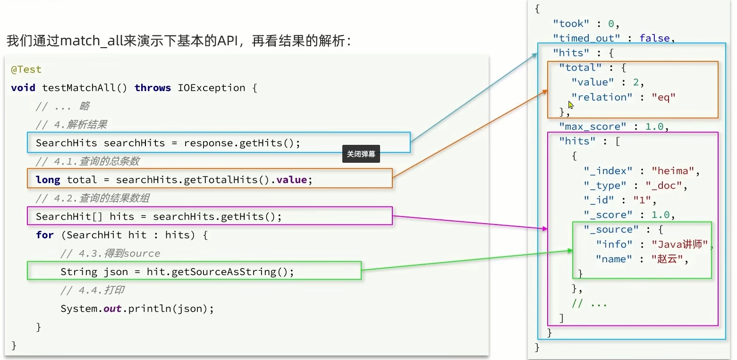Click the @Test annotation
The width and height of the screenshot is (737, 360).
[x=26, y=69]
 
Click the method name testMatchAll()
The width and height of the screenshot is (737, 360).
[x=85, y=88]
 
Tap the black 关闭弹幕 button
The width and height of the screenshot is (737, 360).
[x=361, y=154]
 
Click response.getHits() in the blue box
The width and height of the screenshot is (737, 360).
[x=242, y=143]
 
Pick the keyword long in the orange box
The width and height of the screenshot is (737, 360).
[x=48, y=180]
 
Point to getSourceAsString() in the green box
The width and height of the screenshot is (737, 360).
[x=232, y=272]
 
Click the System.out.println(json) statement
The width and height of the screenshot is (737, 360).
[x=137, y=309]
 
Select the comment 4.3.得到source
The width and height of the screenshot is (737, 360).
[x=110, y=253]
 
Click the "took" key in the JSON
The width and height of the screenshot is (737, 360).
[x=571, y=24]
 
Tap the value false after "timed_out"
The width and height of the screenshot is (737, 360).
[x=654, y=38]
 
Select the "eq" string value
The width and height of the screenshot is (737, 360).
[x=663, y=97]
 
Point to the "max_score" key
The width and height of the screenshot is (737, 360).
[x=593, y=126]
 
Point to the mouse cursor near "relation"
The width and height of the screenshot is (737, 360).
[x=571, y=105]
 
